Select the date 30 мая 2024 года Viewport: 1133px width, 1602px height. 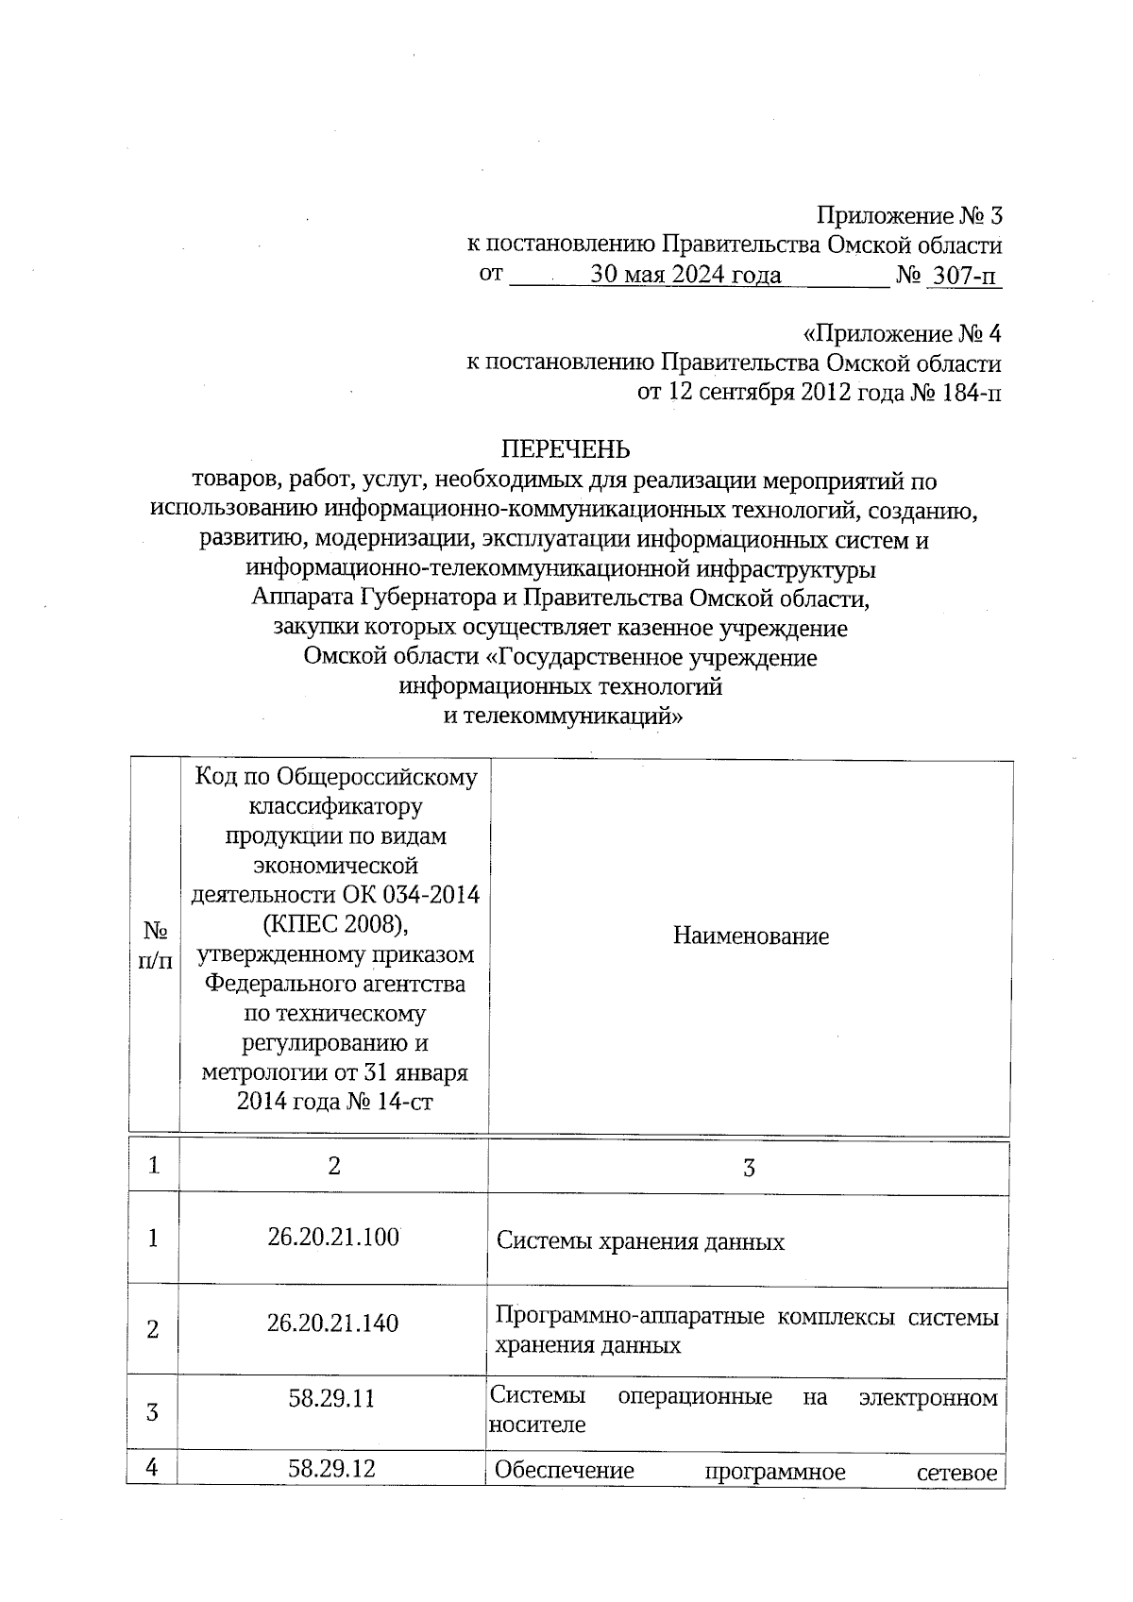tap(685, 275)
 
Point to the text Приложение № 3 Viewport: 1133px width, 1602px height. tap(908, 216)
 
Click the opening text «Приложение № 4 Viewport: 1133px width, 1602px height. tap(901, 334)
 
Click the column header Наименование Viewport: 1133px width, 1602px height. tap(751, 936)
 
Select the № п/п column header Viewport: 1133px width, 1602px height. tap(155, 946)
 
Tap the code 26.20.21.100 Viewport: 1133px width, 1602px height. tap(333, 1237)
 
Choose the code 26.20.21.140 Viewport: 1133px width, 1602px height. tap(333, 1323)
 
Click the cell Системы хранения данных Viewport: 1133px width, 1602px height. tap(640, 1241)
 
